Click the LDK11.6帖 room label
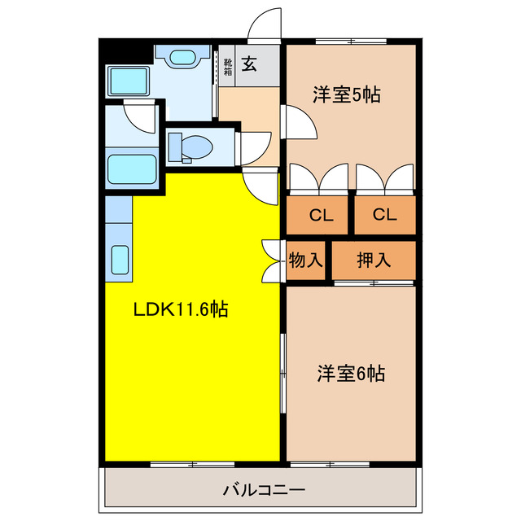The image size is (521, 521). click(x=180, y=309)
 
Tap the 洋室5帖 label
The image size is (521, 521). click(x=347, y=95)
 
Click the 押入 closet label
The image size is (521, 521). click(x=374, y=260)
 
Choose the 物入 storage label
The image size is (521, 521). click(x=306, y=260)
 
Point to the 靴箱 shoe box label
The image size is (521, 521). click(x=227, y=66)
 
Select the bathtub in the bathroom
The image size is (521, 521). click(x=133, y=169)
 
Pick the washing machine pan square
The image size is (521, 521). click(x=127, y=82)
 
